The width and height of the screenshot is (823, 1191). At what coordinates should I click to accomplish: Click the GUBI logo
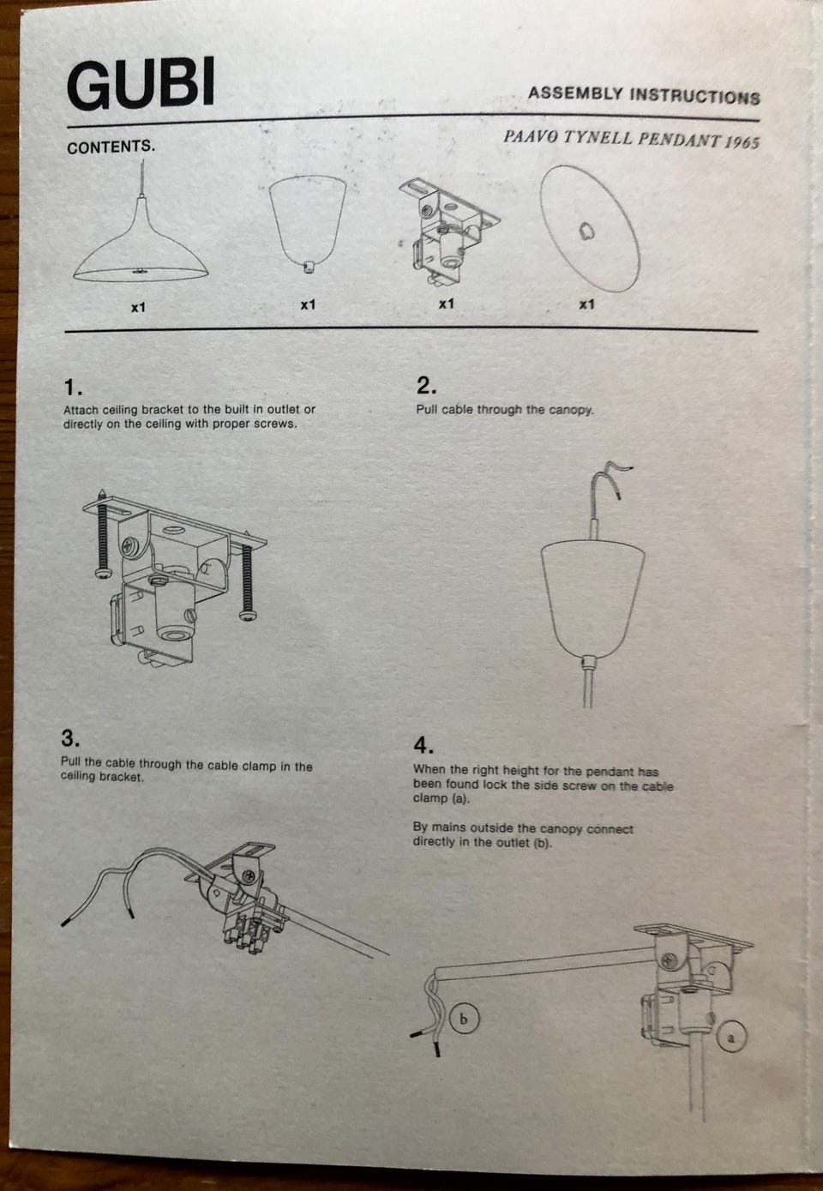click(141, 83)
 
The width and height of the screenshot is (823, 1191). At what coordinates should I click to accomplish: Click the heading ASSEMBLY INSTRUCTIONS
click(644, 95)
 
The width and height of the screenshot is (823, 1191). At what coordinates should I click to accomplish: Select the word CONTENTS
click(111, 147)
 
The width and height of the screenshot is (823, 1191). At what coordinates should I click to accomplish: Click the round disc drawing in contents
click(589, 228)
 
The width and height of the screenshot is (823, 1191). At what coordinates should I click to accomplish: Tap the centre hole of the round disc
click(586, 232)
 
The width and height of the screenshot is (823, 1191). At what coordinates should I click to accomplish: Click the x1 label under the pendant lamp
click(139, 307)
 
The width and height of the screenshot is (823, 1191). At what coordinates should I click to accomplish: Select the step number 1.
click(72, 387)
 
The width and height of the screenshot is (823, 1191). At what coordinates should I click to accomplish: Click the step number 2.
click(426, 386)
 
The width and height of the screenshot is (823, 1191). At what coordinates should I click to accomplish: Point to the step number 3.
click(70, 738)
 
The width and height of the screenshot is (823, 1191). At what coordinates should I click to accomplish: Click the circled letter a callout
click(731, 1037)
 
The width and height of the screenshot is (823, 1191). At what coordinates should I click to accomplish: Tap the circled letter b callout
click(464, 1019)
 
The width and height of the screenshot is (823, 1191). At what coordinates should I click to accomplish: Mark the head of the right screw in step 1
click(247, 615)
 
